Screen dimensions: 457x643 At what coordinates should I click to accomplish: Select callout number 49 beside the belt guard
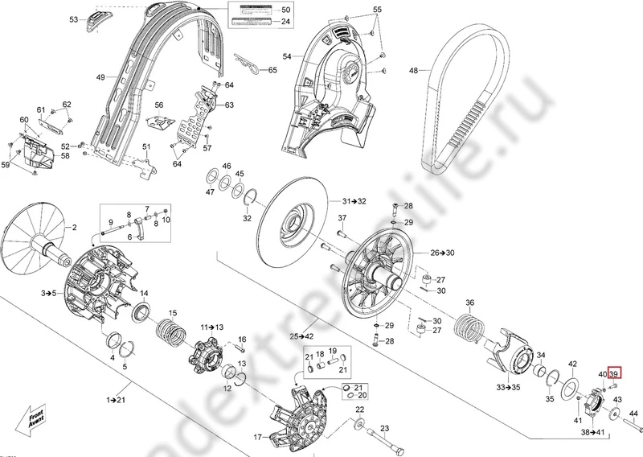tap(100, 77)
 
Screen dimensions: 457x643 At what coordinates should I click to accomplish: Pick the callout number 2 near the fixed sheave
tap(76, 229)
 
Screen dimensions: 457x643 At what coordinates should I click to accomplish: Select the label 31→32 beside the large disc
tap(354, 200)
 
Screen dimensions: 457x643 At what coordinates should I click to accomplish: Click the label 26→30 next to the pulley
tap(441, 253)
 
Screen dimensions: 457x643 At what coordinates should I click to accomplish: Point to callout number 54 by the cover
tap(286, 56)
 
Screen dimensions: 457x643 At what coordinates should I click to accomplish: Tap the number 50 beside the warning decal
tap(286, 8)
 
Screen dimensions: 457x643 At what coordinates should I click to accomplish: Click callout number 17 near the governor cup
tap(259, 438)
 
